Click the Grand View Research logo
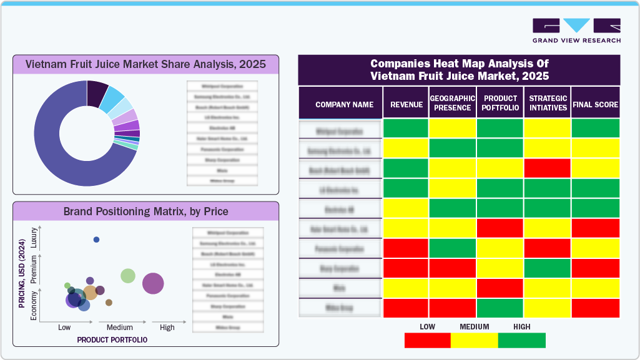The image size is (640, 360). pos(576,30)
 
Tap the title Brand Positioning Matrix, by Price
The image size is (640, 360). pos(145,212)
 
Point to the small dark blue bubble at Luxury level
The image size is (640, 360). pos(96,240)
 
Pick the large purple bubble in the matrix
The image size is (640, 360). pos(153,283)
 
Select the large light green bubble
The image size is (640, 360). pos(128,276)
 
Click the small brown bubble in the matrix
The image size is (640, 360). pos(109,303)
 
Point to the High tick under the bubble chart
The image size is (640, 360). pos(167,328)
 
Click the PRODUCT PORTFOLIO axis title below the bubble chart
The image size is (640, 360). pos(112,340)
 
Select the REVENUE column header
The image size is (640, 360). pos(406,105)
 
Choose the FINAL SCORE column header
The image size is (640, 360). pos(595,105)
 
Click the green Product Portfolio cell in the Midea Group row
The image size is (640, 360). pos(500,308)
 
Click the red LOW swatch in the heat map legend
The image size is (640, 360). pos(427,340)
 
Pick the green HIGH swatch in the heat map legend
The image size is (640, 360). pos(522,340)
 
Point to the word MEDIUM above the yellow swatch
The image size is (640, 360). pos(475,327)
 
